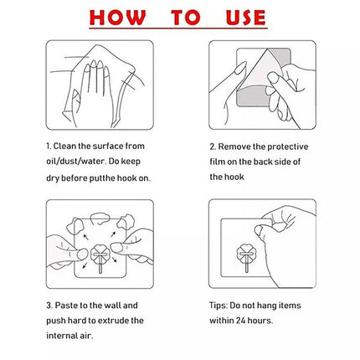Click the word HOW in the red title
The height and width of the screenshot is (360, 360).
[117, 18]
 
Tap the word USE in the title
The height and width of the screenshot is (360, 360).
[246, 18]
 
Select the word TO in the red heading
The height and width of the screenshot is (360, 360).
[186, 18]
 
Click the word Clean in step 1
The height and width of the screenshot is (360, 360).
[64, 146]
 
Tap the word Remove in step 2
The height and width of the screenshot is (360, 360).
[234, 147]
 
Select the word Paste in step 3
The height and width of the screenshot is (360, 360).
[66, 306]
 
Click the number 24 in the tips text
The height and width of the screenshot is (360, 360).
[240, 321]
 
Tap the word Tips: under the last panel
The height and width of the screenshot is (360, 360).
[219, 306]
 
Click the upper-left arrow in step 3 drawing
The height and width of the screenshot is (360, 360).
[86, 237]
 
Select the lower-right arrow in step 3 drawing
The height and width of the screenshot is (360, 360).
[115, 260]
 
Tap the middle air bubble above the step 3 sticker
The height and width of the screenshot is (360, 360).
[100, 219]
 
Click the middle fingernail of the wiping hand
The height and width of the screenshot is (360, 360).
[93, 64]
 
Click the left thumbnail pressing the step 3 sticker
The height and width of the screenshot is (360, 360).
[82, 255]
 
